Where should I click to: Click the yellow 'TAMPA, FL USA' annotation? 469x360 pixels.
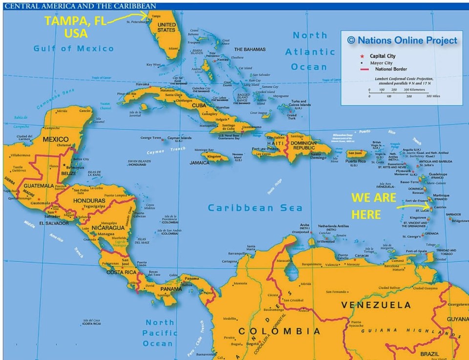tap(76, 27)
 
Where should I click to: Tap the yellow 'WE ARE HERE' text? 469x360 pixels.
tap(373, 206)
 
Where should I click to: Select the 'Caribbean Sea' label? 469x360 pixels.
tap(255, 208)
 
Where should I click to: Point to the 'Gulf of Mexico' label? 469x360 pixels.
tap(73, 48)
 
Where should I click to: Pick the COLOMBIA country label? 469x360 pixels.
tap(279, 332)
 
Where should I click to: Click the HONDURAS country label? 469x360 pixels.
tap(88, 201)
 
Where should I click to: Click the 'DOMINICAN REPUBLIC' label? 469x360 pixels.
tap(311, 146)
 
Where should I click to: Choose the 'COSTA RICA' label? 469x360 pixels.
tap(121, 272)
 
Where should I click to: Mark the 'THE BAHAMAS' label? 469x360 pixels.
tap(250, 49)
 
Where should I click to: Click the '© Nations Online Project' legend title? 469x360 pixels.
tap(402, 40)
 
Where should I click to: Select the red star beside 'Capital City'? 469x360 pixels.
tap(362, 56)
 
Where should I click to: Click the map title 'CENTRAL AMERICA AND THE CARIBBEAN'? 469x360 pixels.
tap(80, 6)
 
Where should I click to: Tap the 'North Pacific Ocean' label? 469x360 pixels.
tap(160, 333)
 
